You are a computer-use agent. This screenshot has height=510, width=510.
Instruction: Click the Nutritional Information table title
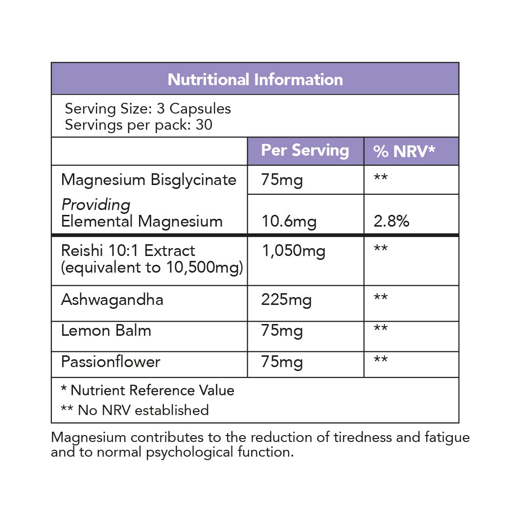(x=255, y=79)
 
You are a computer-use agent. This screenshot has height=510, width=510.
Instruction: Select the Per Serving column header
(x=305, y=150)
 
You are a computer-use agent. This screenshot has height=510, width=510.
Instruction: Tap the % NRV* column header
(x=404, y=151)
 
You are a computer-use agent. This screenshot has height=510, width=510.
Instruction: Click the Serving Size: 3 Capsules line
(x=148, y=108)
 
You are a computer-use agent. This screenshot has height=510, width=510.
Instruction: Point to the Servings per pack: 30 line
(x=139, y=124)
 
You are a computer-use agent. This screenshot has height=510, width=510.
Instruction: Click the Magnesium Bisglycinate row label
(x=148, y=180)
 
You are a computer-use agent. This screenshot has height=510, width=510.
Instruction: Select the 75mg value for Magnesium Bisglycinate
(x=282, y=180)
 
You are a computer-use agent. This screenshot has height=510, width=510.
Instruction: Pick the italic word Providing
(x=96, y=205)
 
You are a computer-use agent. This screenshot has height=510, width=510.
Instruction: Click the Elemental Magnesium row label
(x=141, y=221)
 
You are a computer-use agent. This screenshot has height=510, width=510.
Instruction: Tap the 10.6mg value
(x=289, y=221)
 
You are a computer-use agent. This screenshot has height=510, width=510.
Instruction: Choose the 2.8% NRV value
(x=391, y=221)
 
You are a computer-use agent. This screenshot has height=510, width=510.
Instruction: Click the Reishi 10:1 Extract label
(x=128, y=251)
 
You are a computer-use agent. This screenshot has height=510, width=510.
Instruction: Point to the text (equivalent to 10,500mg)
(x=152, y=267)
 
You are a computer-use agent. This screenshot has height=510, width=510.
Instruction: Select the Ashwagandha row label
(x=112, y=300)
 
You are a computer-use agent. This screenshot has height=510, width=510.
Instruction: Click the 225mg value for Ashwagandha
(x=286, y=300)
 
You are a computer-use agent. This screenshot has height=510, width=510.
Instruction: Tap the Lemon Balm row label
(x=106, y=330)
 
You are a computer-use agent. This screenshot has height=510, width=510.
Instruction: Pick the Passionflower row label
(x=111, y=362)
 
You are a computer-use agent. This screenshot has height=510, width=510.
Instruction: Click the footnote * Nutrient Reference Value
(x=147, y=390)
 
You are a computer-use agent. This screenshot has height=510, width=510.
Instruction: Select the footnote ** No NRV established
(x=135, y=410)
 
